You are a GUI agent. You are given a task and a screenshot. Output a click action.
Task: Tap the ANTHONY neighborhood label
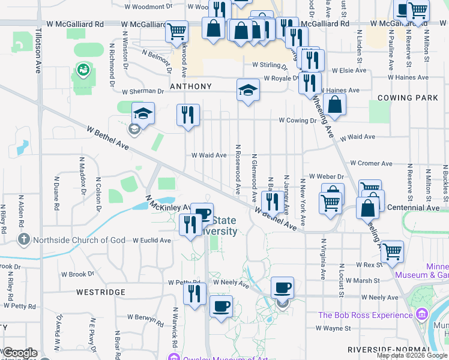(x=190, y=86)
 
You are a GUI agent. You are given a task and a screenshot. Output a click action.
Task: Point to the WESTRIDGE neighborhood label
(x=101, y=292)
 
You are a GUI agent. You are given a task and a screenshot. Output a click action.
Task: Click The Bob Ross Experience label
(x=366, y=315)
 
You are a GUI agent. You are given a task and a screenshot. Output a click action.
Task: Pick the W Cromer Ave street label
(x=371, y=163)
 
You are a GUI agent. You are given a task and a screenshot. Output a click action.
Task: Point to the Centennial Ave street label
(x=415, y=208)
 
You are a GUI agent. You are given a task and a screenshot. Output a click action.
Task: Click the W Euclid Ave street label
(x=152, y=241)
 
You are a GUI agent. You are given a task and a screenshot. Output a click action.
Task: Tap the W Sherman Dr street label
(x=143, y=92)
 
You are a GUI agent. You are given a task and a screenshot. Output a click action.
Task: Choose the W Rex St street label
(x=369, y=265)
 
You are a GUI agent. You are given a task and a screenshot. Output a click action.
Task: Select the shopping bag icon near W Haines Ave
(x=334, y=104)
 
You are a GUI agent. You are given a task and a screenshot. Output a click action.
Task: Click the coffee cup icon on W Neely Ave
(x=282, y=287)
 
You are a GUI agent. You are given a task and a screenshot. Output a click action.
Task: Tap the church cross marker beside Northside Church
(x=23, y=240)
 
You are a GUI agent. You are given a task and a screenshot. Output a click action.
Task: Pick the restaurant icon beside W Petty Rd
(x=194, y=293)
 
